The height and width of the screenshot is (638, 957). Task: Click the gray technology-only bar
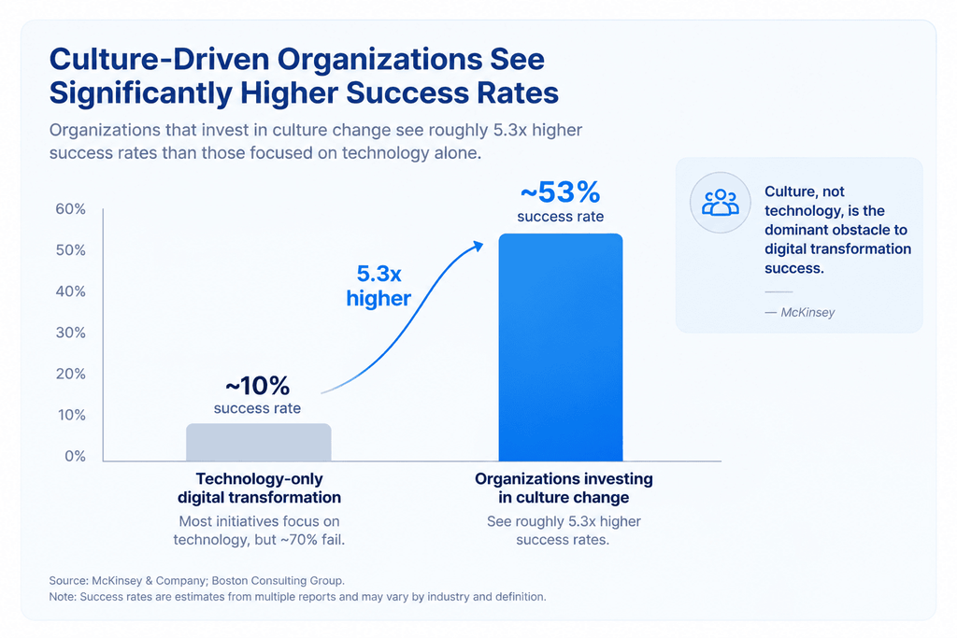coord(259,442)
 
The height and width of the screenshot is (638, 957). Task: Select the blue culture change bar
coord(561,347)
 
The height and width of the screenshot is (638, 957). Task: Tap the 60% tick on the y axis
coord(71,209)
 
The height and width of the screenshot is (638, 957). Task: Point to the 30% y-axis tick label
coord(71,333)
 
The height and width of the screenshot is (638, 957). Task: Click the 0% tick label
coord(75,456)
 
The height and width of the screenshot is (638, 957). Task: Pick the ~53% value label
coord(561,192)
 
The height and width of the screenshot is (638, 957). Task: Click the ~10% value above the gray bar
coord(258,386)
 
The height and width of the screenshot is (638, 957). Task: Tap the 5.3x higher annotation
coord(379,286)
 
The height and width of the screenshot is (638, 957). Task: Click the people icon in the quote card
coord(721,203)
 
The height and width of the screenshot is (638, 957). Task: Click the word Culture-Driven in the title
coord(159,59)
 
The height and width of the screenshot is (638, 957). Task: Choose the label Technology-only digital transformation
coord(260,488)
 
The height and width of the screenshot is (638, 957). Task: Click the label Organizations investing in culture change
coord(564,488)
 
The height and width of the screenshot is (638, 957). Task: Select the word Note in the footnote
coord(62,597)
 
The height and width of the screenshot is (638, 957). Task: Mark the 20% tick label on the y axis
coord(71,374)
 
